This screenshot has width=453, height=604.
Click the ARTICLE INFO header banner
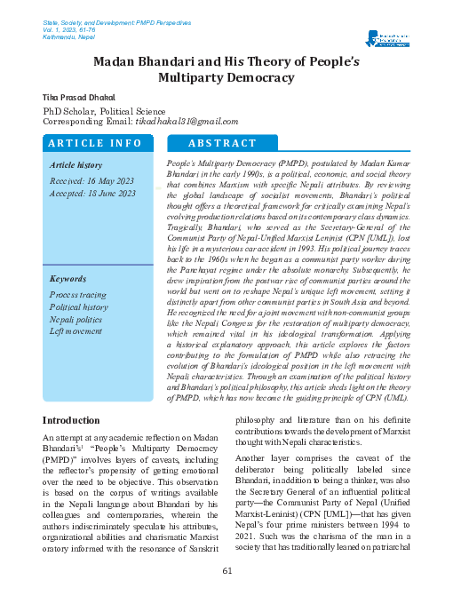pos(95,143)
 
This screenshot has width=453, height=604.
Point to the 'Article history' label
pos(76,165)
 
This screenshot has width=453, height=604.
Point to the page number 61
pos(226,569)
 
